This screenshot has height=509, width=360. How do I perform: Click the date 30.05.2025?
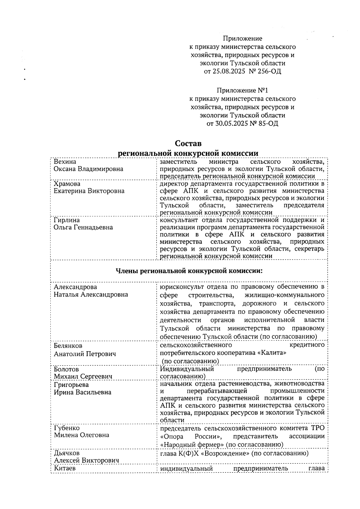pos(230,123)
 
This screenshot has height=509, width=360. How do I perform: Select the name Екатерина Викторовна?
pos(89,191)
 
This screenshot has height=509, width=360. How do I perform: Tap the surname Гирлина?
pos(67,220)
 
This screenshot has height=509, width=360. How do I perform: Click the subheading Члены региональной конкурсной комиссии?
pos(189,271)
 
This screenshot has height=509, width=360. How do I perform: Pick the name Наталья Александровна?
pos(91,295)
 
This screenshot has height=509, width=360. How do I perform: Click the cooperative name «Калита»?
pos(272,353)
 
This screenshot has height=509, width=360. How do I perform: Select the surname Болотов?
pos(66,369)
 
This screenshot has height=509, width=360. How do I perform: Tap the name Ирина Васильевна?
pos(82,392)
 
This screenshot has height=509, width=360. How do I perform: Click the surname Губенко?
pos(67,428)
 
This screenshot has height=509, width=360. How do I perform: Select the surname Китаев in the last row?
pos(64,468)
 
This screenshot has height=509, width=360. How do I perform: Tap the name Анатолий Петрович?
pos(85,354)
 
